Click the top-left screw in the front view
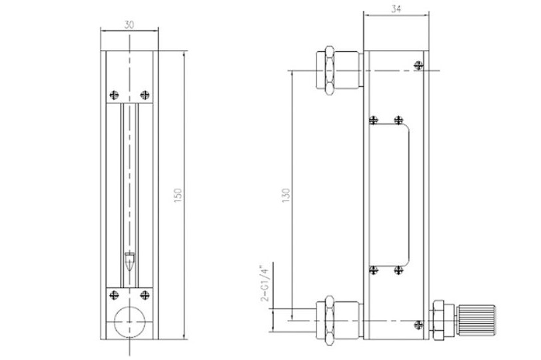114,94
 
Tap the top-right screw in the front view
144,94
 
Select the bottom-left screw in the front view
114,293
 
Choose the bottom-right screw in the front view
144,293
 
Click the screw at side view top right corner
418,65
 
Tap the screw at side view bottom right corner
418,325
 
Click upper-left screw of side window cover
374,120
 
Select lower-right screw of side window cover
398,270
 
